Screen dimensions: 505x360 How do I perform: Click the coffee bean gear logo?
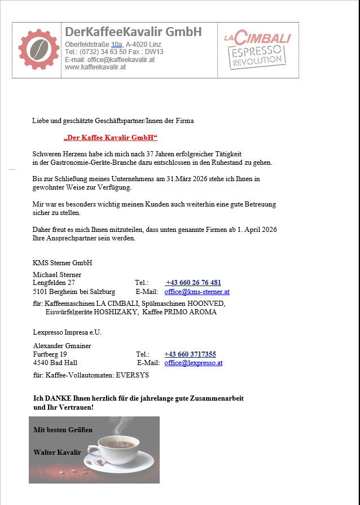click(37, 49)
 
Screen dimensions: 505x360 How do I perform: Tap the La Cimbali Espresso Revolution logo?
click(257, 50)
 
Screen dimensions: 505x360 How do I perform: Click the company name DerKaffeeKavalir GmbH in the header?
click(133, 32)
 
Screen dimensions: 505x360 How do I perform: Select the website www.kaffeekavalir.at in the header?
click(95, 67)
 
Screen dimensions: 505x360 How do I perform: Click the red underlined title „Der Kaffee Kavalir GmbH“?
click(111, 138)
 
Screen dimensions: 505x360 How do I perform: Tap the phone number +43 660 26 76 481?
click(193, 283)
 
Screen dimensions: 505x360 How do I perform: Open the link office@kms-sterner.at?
click(197, 292)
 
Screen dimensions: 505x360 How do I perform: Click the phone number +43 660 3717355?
click(190, 354)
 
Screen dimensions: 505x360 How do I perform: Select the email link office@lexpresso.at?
click(194, 363)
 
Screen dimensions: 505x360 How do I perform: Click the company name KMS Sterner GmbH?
click(63, 263)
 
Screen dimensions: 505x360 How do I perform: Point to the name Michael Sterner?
click(57, 275)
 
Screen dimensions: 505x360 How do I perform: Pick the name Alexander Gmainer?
click(62, 346)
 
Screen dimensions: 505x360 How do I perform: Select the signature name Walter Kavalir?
click(57, 453)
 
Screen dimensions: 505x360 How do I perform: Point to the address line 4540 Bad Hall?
click(55, 363)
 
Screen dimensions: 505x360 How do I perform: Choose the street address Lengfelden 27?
click(54, 283)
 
